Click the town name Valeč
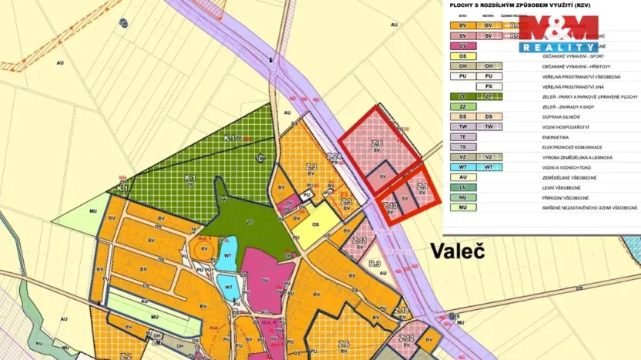457,251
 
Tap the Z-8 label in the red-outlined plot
377,144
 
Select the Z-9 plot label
421,187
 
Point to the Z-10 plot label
391,206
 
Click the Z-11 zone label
359,241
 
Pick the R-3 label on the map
375,264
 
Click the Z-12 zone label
407,338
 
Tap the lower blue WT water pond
228,288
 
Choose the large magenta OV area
265,278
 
